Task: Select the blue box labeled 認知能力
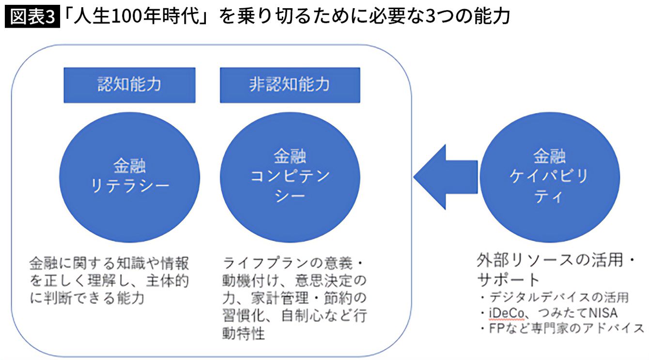click(x=129, y=85)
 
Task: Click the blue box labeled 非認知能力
click(x=290, y=85)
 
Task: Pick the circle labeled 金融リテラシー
click(x=129, y=176)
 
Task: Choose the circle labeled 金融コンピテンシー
click(x=290, y=176)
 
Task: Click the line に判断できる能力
click(x=87, y=298)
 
